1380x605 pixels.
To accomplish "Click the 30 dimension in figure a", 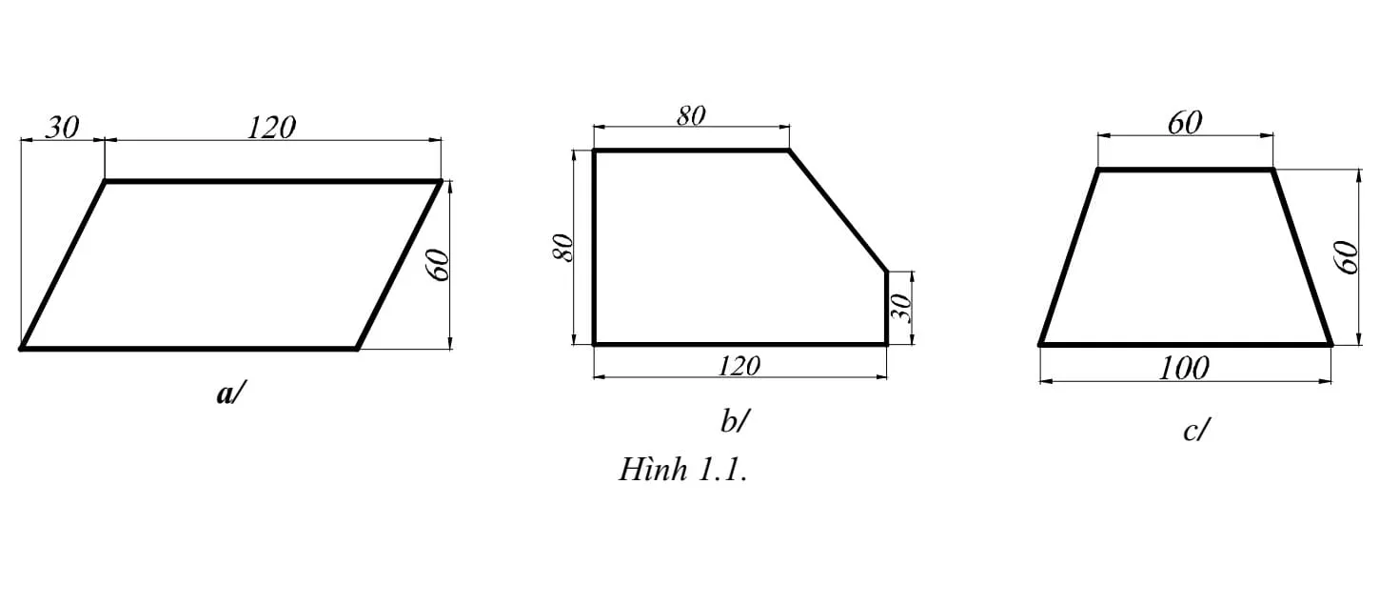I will (x=62, y=127).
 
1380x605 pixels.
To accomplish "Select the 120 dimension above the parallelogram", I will (x=271, y=127).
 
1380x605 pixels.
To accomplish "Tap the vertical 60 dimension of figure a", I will (x=440, y=266).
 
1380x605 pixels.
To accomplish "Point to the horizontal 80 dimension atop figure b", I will (x=691, y=115).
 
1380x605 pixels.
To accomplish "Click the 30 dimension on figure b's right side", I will (x=904, y=308).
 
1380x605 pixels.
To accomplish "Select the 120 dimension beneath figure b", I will (x=739, y=363).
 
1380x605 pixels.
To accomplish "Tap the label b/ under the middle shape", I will (x=735, y=420).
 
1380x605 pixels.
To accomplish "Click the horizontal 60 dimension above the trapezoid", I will (x=1184, y=123).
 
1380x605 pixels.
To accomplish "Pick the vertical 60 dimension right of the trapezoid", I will (x=1348, y=257).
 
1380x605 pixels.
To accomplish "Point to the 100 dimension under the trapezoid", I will (x=1184, y=367).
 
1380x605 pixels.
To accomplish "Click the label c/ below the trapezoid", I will (x=1195, y=431).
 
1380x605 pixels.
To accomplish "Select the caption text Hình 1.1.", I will (x=682, y=470).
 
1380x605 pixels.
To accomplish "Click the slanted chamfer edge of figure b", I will (x=838, y=212).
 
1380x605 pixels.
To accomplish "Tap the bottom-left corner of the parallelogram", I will (x=22, y=349).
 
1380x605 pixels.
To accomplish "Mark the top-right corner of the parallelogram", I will (x=441, y=180).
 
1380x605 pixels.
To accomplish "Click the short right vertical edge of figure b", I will (x=887, y=308).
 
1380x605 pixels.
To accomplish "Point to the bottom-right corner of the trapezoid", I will (x=1330, y=343).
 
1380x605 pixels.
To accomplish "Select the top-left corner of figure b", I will (x=595, y=151).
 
